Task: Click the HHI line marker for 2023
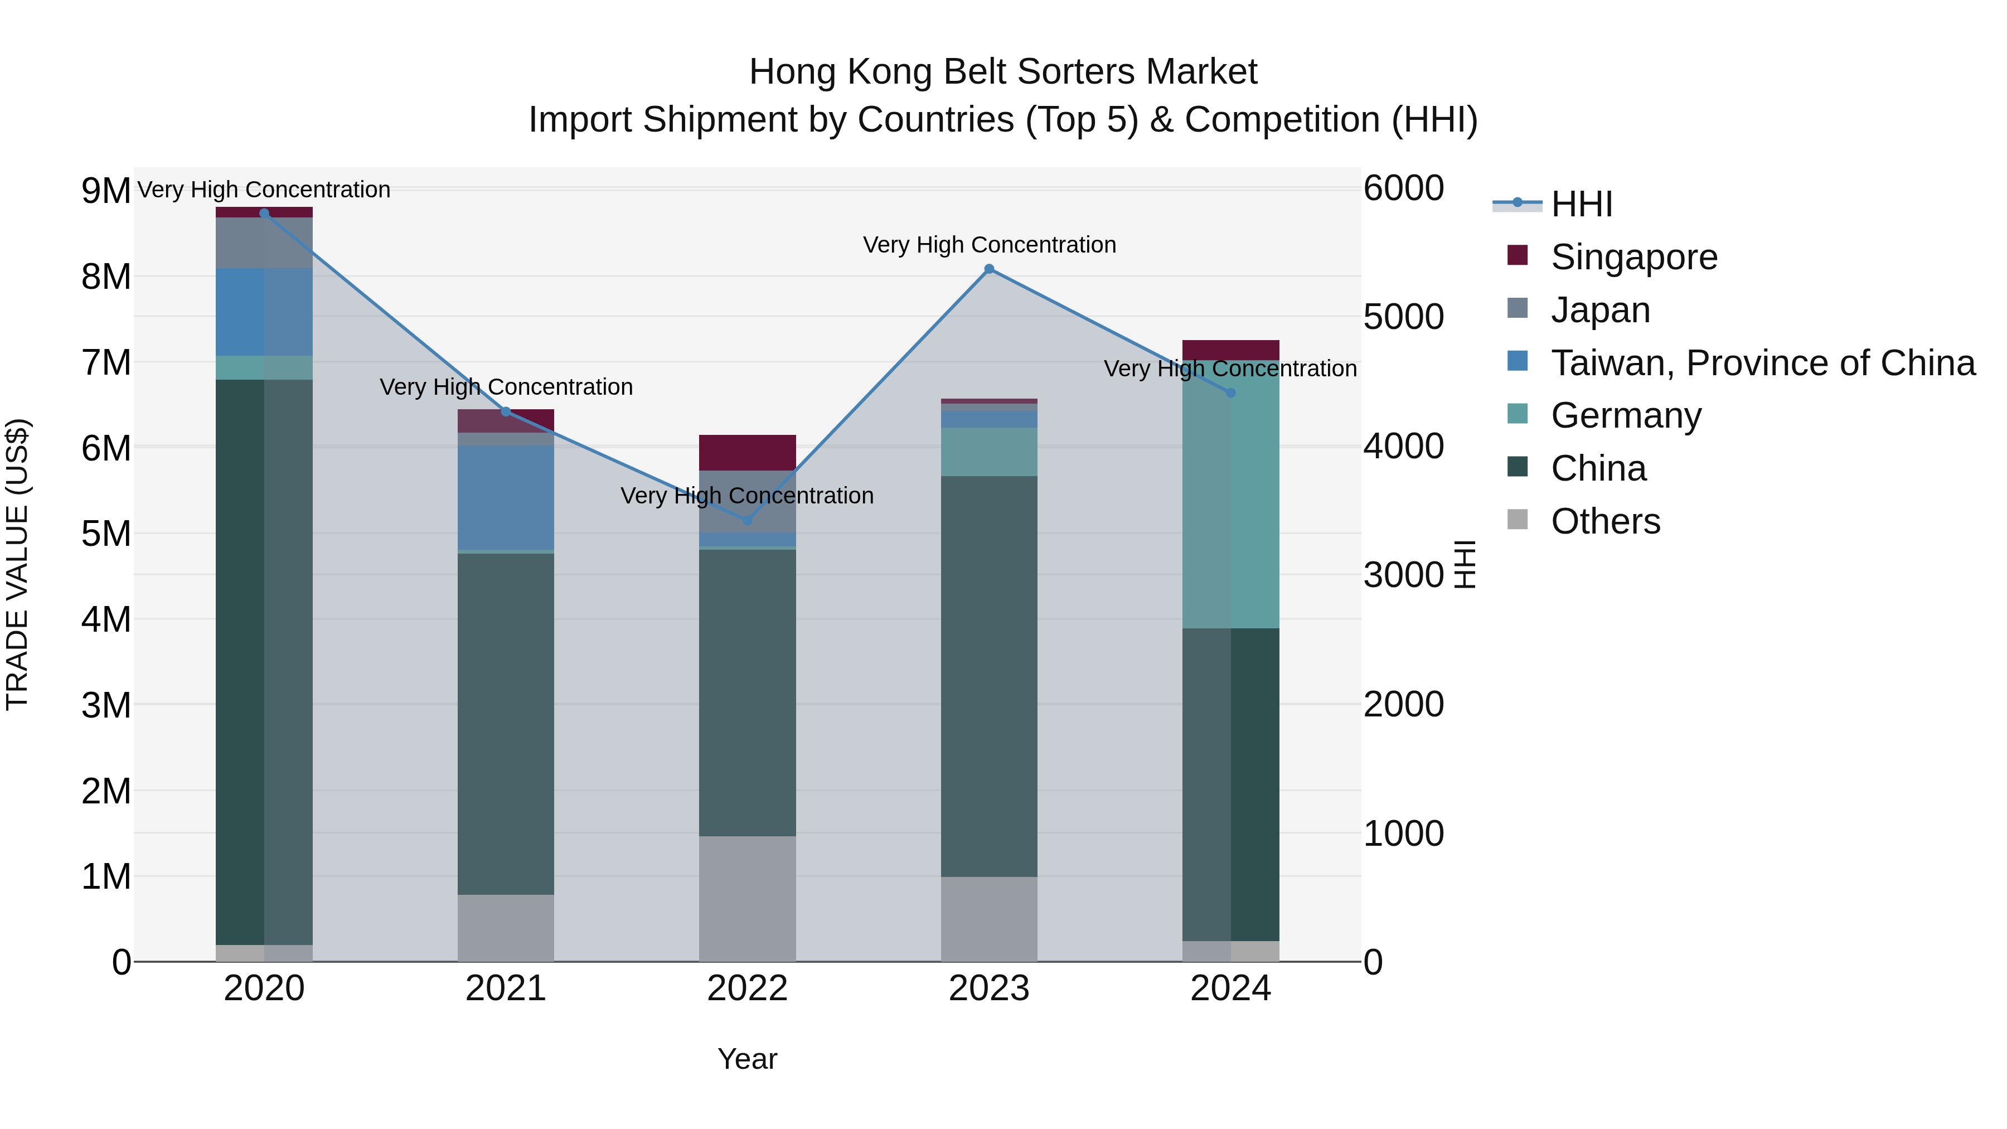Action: click(x=988, y=269)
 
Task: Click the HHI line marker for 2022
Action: click(x=747, y=520)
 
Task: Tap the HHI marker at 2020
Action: click(x=264, y=214)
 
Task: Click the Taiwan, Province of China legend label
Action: click(x=1762, y=363)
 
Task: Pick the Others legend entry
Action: click(x=1605, y=521)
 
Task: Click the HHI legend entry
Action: click(x=1581, y=204)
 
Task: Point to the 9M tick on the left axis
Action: click(x=106, y=191)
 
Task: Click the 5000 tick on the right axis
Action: click(x=1403, y=317)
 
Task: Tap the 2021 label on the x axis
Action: click(x=506, y=989)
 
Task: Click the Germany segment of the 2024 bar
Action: click(x=1230, y=495)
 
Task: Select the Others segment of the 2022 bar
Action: click(x=747, y=898)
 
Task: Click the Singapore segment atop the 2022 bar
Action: click(x=747, y=453)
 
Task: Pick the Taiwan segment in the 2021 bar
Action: click(x=506, y=497)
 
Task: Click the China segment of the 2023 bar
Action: click(x=988, y=676)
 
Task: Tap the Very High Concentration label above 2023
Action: click(x=988, y=245)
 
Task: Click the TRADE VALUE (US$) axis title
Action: click(x=17, y=564)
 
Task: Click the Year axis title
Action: click(x=747, y=1059)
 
